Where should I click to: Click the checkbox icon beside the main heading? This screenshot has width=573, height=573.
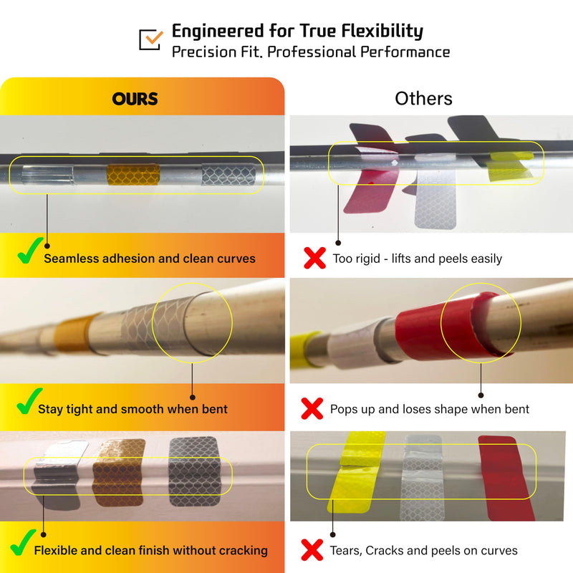click(150, 39)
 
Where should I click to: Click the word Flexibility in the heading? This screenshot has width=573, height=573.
click(382, 31)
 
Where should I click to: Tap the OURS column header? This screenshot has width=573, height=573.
click(135, 99)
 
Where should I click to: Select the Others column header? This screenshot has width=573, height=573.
click(423, 98)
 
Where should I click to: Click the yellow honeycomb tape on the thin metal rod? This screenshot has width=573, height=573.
click(133, 174)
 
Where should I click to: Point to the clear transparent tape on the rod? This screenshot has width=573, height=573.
click(47, 175)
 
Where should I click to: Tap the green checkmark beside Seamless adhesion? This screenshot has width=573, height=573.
click(30, 250)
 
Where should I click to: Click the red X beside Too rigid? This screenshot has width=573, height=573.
click(314, 258)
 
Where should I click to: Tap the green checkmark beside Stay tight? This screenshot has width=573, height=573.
click(29, 401)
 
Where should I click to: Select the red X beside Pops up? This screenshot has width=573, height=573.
click(312, 408)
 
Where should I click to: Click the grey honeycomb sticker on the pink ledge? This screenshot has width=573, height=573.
click(195, 471)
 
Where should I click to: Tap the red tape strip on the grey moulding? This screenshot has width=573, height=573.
click(506, 477)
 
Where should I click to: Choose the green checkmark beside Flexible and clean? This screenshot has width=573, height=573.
click(23, 542)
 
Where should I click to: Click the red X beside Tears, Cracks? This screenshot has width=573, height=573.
click(312, 550)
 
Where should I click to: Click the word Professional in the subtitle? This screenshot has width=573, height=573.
click(312, 52)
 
